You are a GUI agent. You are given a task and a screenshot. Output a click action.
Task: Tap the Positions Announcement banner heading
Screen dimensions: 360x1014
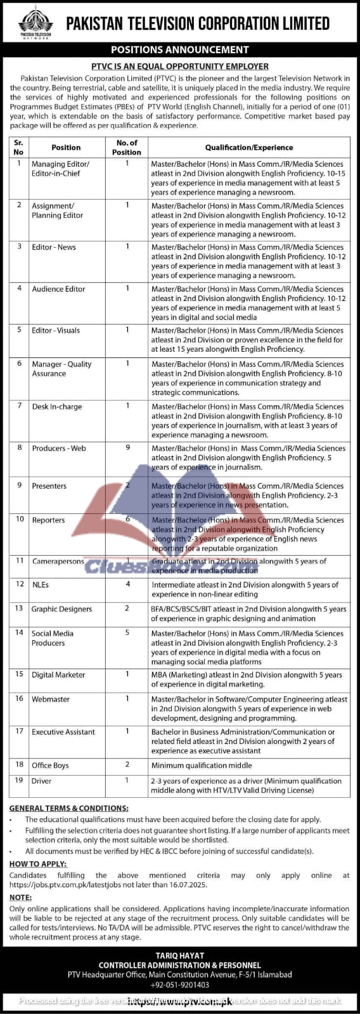180,49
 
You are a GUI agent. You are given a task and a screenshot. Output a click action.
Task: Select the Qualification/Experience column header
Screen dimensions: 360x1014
248,148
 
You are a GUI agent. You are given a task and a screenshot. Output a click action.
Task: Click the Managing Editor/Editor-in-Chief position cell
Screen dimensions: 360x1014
60,169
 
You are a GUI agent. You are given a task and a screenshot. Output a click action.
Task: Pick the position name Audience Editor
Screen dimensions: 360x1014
58,289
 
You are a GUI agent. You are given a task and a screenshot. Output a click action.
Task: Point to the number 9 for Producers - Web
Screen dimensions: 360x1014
127,447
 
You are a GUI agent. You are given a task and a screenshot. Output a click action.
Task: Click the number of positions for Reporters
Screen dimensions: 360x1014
127,520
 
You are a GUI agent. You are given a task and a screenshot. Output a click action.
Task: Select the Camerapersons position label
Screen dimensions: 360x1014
58,562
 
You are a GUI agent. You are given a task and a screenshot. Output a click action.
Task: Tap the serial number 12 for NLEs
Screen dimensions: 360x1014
20,584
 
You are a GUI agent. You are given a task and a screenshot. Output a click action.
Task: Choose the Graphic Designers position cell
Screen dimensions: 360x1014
61,609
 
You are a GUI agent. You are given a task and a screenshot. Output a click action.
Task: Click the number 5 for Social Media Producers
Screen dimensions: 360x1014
127,632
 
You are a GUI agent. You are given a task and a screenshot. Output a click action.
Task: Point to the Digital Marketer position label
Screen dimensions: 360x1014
58,675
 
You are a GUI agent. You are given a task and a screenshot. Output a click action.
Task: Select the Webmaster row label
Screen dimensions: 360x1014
51,699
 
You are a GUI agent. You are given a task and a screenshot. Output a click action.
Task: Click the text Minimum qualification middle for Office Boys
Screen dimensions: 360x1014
197,765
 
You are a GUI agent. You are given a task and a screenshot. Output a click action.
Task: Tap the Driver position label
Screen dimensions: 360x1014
42,781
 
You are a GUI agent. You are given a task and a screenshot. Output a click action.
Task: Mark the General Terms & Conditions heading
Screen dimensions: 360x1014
68,808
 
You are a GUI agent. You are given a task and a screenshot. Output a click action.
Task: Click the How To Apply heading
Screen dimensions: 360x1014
37,864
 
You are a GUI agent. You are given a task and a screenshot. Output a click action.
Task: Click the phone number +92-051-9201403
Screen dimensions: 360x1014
180,985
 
